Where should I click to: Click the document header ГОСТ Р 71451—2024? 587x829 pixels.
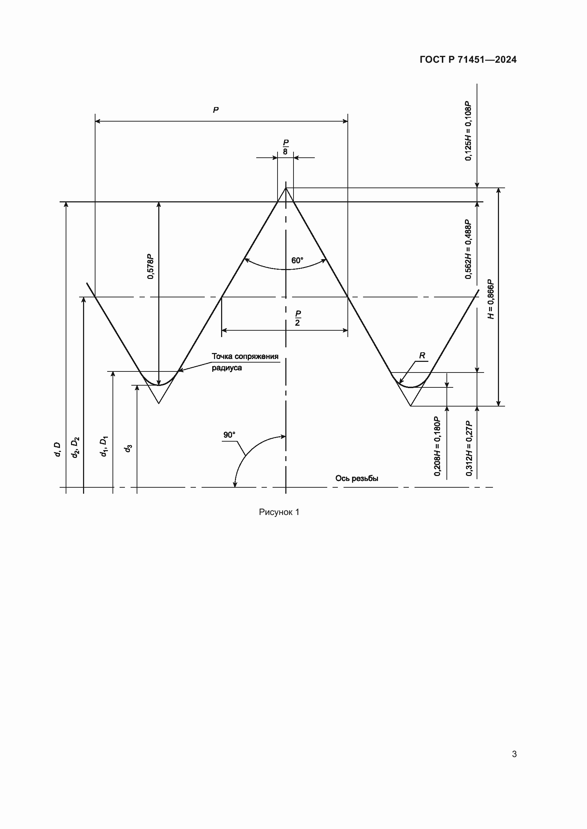tap(468, 60)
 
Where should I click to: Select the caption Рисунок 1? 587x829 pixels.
tap(279, 512)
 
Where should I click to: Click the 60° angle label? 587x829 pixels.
tap(297, 261)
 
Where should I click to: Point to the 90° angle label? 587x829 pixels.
tap(229, 435)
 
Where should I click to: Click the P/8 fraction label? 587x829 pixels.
tap(286, 147)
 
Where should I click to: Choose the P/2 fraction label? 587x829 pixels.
tap(297, 318)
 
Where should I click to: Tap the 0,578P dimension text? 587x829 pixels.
tap(150, 267)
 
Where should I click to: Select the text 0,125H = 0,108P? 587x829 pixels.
tap(468, 131)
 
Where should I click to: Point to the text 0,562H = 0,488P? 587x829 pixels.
tap(468, 249)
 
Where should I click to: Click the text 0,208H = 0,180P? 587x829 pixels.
tap(437, 446)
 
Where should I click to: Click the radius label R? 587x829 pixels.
tap(422, 355)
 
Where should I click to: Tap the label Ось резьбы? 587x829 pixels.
tap(357, 478)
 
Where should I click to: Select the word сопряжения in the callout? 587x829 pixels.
tap(257, 357)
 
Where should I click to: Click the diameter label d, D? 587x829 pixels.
tap(57, 449)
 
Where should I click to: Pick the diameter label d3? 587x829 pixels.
tap(128, 449)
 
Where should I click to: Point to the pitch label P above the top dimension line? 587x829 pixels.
tap(216, 110)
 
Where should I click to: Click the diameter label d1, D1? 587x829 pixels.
tap(104, 447)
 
